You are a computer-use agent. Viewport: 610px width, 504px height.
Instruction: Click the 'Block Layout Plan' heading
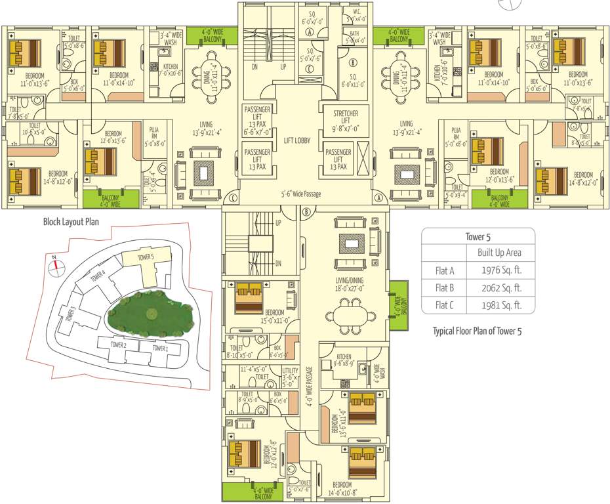[71, 222]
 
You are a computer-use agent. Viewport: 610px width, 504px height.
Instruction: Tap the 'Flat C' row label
[445, 304]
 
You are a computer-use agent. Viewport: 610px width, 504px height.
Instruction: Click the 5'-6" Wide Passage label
[302, 194]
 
